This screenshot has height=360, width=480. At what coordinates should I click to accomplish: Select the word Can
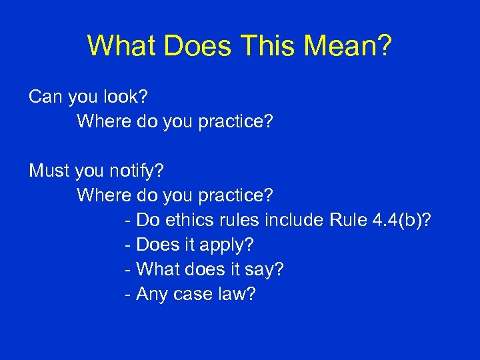coord(45,97)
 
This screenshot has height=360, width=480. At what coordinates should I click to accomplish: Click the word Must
coord(49,171)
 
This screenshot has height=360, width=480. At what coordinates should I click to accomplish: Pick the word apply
coord(225,245)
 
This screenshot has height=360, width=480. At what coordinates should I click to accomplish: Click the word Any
coord(151,294)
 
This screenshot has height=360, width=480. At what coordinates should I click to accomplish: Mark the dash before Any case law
coord(128,294)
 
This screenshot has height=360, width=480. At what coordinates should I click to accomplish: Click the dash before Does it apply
coord(128,245)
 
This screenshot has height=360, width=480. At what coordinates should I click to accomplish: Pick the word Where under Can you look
coord(103,122)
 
